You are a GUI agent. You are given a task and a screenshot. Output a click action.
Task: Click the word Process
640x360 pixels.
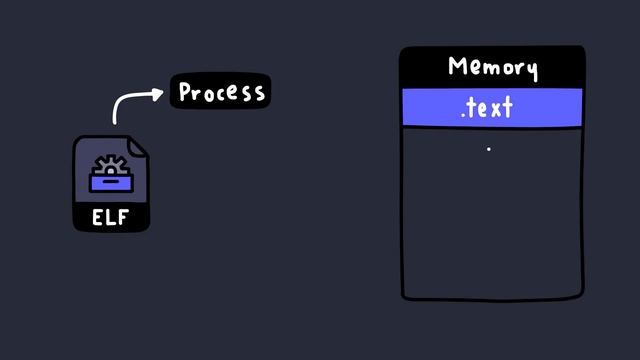221,92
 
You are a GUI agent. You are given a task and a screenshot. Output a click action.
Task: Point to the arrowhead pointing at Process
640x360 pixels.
159,94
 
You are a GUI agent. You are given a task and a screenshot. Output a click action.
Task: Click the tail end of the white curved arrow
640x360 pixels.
115,121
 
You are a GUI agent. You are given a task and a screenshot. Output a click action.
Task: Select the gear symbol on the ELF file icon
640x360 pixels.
109,165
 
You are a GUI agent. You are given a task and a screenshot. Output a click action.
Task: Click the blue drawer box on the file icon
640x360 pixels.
110,183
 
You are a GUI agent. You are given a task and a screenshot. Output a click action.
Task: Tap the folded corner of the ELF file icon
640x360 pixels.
139,146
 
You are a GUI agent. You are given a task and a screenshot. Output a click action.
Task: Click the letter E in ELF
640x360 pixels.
98,217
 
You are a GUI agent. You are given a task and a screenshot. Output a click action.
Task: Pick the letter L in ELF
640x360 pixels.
111,217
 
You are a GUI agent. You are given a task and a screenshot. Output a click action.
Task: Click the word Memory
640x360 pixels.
492,67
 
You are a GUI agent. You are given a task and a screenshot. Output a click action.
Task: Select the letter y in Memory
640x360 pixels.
531,70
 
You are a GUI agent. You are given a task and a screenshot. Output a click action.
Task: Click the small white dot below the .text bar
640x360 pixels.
488,149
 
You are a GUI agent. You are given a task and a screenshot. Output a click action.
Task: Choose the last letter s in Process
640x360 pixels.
259,93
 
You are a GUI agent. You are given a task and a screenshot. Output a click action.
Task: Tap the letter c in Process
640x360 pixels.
221,93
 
